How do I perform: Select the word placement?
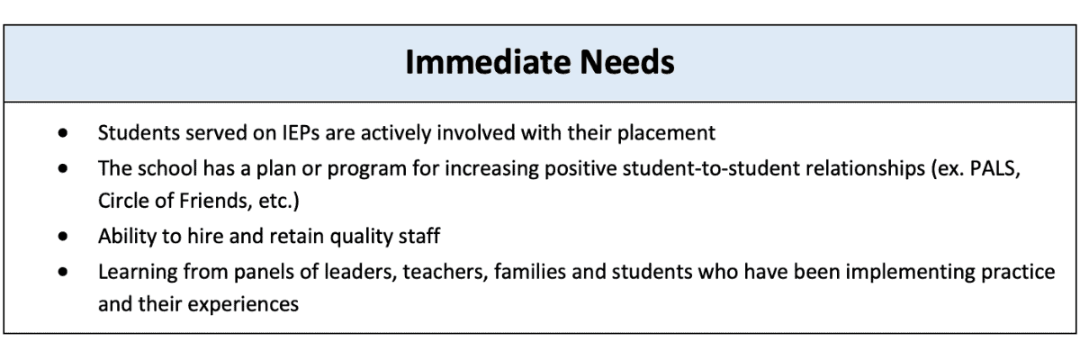665,133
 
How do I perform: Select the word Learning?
136,271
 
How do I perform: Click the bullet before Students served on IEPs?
62,133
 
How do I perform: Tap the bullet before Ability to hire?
62,237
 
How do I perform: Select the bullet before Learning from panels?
62,271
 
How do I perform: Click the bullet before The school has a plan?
62,167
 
